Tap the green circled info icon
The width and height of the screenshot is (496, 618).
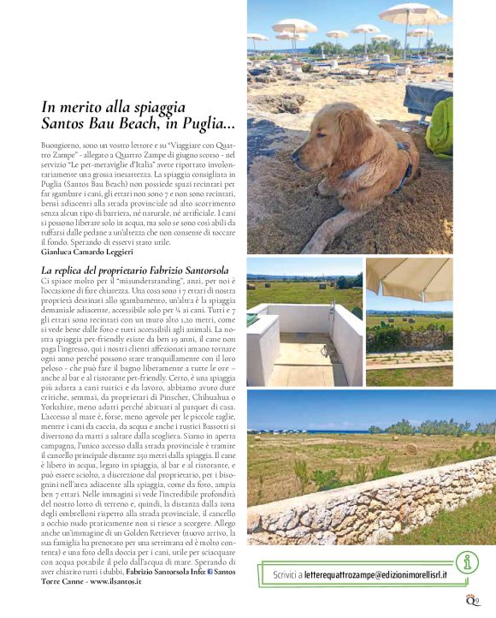(466, 562)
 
